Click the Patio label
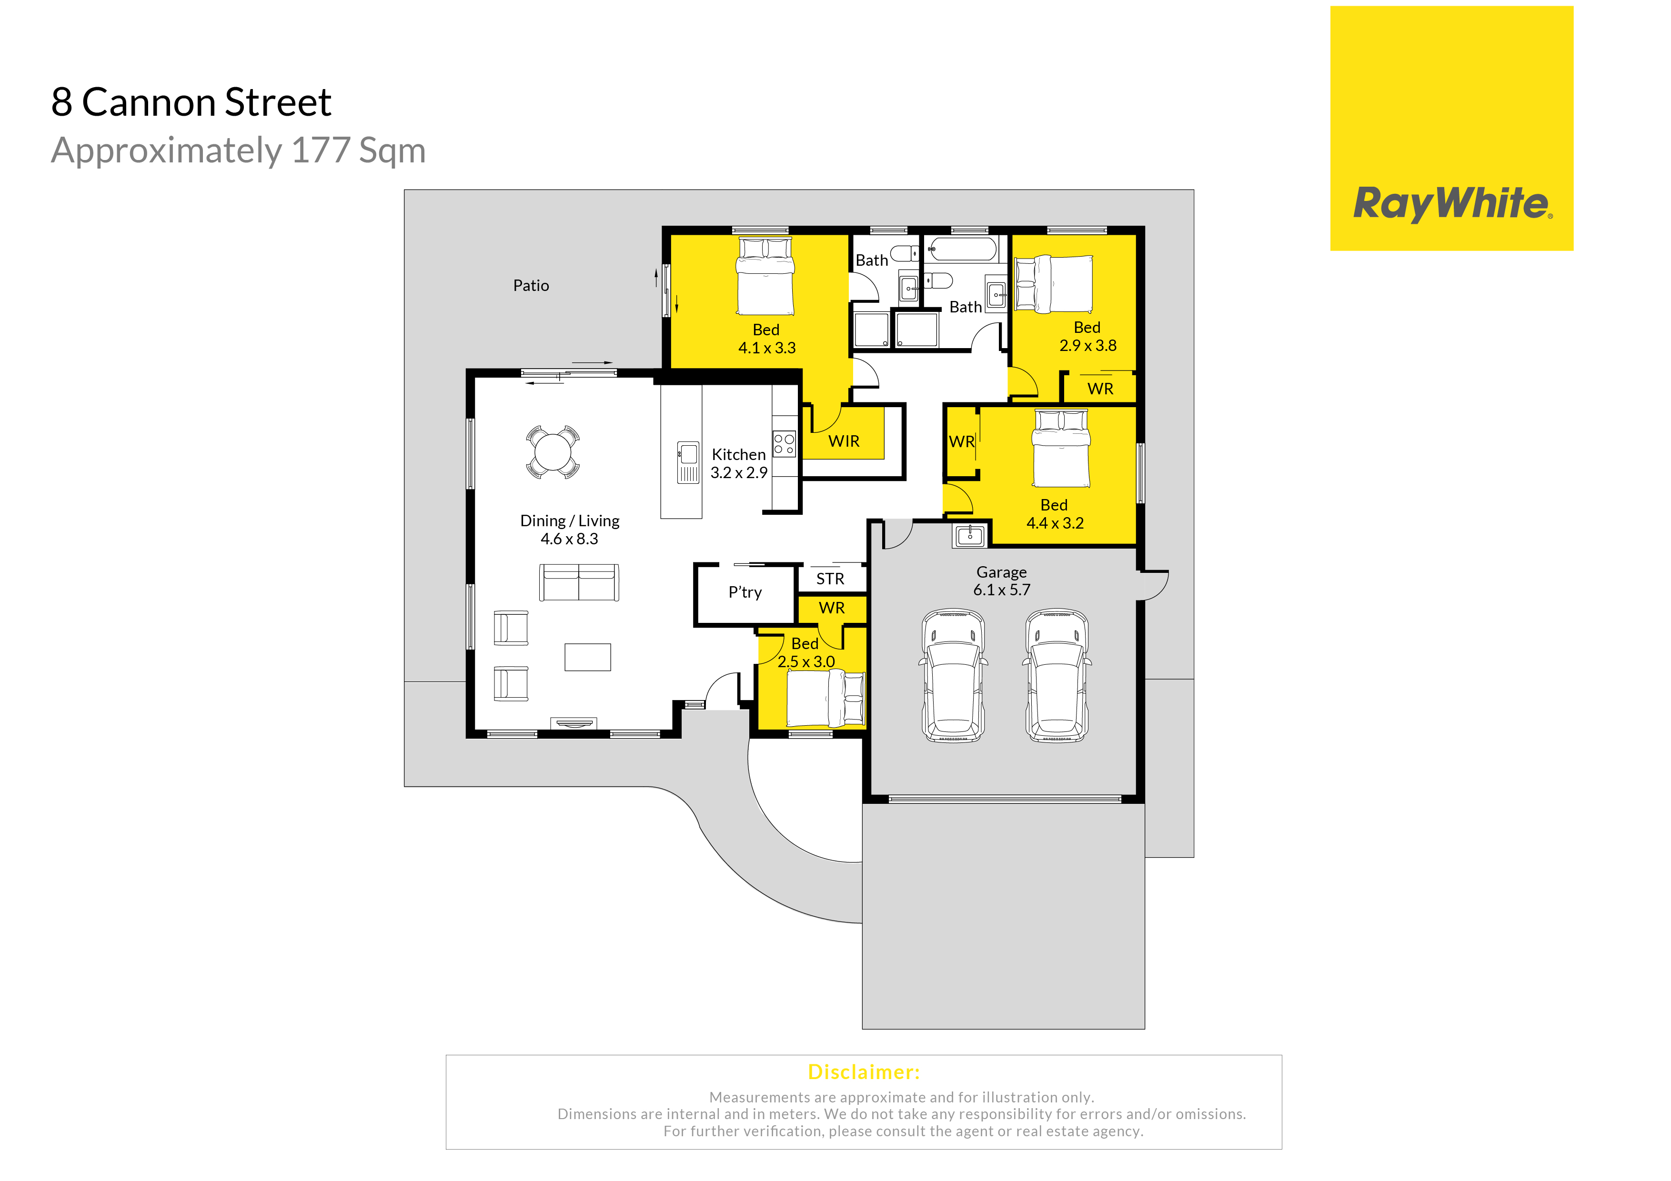point(531,285)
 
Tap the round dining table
point(553,452)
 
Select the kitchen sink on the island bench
point(688,462)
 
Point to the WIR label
point(844,441)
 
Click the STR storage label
point(830,579)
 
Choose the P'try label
point(745,592)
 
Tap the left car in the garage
point(954,675)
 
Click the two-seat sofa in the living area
point(579,582)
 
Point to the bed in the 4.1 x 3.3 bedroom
point(765,277)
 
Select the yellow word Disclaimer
point(864,1072)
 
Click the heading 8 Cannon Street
point(191,102)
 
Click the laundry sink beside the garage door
point(970,536)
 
